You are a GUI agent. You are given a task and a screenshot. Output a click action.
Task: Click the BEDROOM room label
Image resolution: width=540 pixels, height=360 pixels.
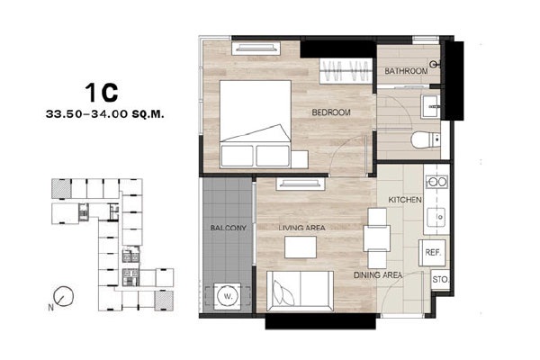pos(331,112)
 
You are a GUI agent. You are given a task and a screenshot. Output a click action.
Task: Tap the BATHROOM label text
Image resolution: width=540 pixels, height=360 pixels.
pos(406,71)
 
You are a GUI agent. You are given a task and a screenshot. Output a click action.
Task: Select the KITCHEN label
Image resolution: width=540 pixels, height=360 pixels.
pos(405,200)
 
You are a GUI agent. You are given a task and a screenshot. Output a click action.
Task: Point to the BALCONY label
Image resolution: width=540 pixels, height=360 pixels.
pos(229,228)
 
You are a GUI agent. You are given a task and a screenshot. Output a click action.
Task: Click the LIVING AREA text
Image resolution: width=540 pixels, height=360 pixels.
pos(301,228)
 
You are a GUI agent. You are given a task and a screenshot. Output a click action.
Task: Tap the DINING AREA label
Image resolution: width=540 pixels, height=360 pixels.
pos(378,275)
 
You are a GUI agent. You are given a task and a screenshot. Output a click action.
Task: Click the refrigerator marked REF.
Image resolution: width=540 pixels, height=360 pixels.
pos(432,253)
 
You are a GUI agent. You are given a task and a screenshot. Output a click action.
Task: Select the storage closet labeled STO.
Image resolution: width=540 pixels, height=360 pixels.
pos(440,279)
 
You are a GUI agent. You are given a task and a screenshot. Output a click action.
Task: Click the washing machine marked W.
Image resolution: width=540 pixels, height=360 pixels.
pos(228,296)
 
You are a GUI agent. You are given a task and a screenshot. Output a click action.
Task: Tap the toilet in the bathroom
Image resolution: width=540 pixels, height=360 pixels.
pos(426,139)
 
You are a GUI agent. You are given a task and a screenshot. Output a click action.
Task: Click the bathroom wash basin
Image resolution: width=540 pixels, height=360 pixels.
pos(430,107)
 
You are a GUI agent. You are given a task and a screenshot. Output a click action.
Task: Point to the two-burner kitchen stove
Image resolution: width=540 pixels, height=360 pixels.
pos(436,182)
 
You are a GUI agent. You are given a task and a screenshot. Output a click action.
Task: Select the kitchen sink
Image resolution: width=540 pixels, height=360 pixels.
pos(436,217)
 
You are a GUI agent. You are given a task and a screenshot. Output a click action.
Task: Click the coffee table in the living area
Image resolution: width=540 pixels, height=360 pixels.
pos(301,247)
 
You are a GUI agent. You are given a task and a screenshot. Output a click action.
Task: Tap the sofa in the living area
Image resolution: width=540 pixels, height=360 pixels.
pos(300,290)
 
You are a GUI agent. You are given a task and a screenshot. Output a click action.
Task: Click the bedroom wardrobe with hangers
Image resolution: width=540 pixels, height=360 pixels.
pos(346,71)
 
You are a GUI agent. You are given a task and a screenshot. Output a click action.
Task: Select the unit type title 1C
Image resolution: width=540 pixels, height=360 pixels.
pos(101,93)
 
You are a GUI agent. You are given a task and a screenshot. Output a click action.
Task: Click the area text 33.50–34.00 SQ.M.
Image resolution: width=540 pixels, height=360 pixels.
pos(104,114)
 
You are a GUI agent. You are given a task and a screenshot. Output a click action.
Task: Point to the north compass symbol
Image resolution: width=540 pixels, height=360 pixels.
pos(64,296)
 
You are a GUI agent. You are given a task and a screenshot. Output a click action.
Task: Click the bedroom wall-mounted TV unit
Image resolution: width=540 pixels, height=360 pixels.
pos(256,49)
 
